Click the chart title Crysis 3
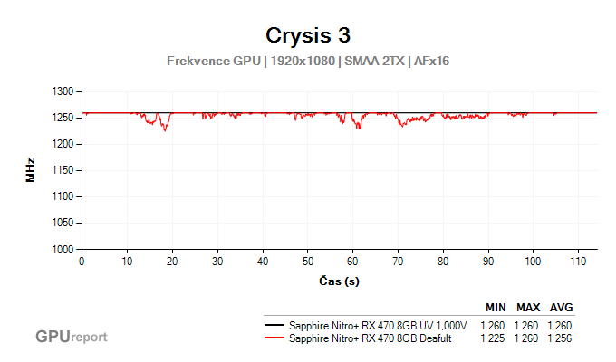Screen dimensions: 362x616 (307, 35)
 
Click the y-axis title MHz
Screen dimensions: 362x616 (30, 170)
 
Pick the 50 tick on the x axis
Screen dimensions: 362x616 (308, 262)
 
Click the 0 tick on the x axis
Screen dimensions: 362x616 (82, 262)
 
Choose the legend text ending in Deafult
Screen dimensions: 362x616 (371, 338)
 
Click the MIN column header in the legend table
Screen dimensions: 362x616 (496, 307)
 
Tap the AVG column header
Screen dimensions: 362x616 (562, 307)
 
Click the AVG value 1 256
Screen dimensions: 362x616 (560, 338)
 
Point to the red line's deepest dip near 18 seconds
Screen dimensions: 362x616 (165, 130)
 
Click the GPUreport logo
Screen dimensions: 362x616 (71, 337)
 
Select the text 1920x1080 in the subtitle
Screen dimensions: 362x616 (303, 61)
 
